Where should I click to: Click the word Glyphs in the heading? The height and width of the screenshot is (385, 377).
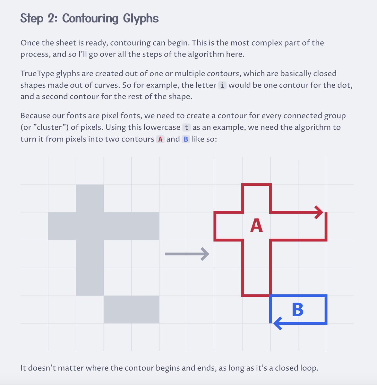click(x=141, y=19)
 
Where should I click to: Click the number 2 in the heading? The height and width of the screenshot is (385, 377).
click(x=51, y=18)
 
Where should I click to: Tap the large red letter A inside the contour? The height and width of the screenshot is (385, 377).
click(x=256, y=225)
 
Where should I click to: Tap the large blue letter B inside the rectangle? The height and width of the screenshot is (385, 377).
click(x=298, y=310)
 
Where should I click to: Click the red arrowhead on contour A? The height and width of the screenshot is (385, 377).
click(x=319, y=212)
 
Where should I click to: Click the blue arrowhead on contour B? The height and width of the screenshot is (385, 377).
click(x=278, y=323)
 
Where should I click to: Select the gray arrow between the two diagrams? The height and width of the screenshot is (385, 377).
click(x=187, y=254)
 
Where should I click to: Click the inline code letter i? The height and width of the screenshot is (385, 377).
click(x=222, y=85)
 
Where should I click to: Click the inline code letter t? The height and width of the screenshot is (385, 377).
click(x=186, y=127)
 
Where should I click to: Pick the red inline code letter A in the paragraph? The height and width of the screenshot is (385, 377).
click(x=160, y=139)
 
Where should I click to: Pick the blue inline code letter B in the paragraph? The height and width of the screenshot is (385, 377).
click(x=186, y=139)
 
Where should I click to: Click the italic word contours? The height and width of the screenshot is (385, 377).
click(x=223, y=74)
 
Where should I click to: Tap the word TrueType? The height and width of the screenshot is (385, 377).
click(x=37, y=74)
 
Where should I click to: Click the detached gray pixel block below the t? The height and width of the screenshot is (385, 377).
click(x=132, y=310)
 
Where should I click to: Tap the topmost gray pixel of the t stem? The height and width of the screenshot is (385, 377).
click(x=90, y=198)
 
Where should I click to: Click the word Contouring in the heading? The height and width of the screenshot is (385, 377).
click(x=90, y=19)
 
